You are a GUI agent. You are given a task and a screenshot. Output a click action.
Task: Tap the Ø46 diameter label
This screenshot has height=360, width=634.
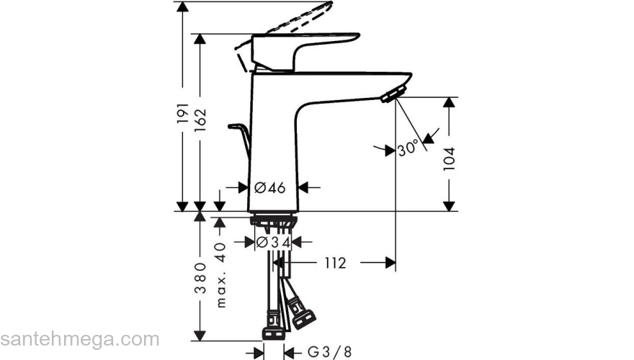coord(270,187)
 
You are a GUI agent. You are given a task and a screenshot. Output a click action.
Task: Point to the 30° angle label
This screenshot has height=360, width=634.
coord(407,149)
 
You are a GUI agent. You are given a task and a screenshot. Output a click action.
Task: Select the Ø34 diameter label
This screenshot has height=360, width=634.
coord(274,243)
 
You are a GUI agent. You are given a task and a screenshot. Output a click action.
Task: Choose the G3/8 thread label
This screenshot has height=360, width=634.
coord(329,351)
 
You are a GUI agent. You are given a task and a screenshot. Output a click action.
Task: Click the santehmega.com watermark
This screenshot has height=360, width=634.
coord(79,338)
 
